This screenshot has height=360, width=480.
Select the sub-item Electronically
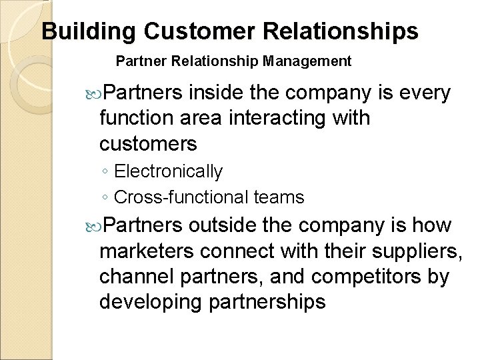169,171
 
